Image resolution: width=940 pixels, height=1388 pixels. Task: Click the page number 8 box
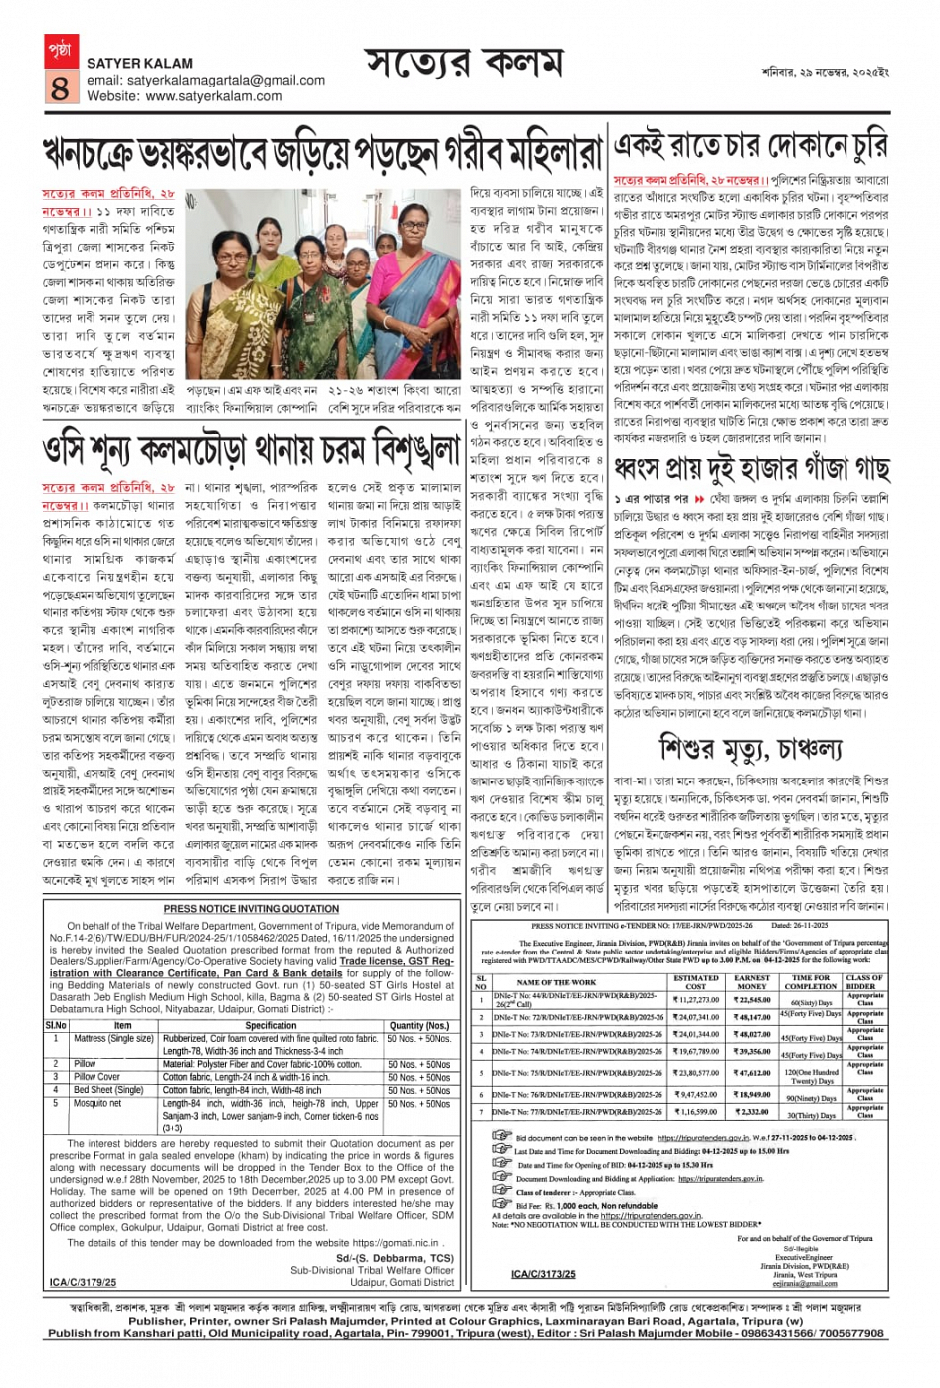tap(59, 87)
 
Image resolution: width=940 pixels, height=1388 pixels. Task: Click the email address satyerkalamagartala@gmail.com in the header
tap(206, 81)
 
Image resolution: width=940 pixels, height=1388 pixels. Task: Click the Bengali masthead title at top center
tap(465, 65)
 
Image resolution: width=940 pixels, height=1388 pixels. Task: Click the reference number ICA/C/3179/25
tap(83, 1283)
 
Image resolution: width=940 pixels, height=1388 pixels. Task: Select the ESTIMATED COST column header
tap(695, 982)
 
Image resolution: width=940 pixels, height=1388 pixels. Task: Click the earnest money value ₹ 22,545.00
tap(753, 1000)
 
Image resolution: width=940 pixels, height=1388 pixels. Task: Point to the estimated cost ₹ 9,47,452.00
tap(695, 1094)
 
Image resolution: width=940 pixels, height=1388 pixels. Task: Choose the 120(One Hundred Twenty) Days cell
tap(811, 1077)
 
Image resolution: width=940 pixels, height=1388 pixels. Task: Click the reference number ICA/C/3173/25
tap(543, 1274)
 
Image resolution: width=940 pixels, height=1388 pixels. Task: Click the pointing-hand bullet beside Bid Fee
tap(501, 1204)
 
